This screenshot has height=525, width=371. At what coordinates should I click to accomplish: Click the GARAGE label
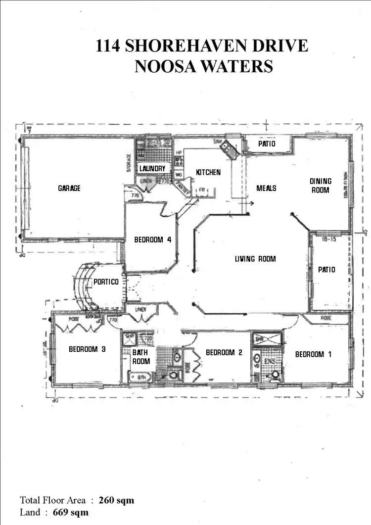click(69, 188)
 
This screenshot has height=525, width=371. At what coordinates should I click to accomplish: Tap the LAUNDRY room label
click(152, 169)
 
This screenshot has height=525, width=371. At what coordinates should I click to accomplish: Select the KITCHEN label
click(208, 172)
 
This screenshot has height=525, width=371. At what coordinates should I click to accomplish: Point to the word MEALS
click(266, 188)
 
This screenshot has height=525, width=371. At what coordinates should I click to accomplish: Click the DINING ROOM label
click(321, 186)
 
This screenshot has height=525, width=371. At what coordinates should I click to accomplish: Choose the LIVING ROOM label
click(255, 259)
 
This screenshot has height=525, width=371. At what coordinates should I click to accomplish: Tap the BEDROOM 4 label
click(153, 240)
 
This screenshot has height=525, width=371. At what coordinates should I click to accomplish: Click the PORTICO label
click(106, 282)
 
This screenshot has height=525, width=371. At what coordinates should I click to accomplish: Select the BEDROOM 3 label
click(87, 349)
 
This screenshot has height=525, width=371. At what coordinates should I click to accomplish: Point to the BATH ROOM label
click(141, 357)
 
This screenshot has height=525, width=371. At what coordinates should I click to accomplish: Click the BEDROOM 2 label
click(224, 352)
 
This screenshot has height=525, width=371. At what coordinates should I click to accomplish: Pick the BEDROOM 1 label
click(310, 354)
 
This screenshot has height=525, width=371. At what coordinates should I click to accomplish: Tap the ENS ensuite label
click(270, 362)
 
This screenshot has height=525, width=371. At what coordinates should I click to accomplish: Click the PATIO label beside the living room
click(326, 270)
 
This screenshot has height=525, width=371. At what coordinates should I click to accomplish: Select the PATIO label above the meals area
click(267, 144)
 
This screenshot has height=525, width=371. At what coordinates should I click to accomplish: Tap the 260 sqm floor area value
click(116, 500)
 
